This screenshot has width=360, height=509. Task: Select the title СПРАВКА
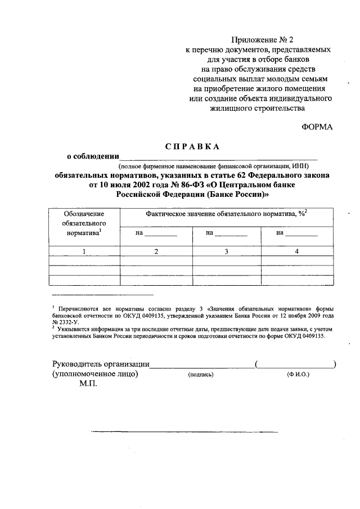(x=192, y=146)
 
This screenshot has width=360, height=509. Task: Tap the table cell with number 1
(x=84, y=251)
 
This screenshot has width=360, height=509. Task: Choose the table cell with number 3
(x=227, y=251)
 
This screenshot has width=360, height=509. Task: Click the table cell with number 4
(x=296, y=251)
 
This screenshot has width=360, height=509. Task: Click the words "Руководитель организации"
(x=101, y=364)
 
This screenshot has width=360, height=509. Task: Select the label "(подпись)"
(x=200, y=375)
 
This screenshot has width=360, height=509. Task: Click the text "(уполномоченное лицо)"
(x=96, y=373)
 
